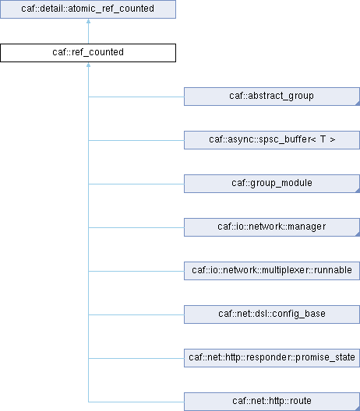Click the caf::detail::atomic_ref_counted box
(x=88, y=9)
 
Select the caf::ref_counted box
(x=88, y=53)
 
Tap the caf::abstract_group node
(x=272, y=97)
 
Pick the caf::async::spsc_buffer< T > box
(x=272, y=140)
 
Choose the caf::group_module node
(x=272, y=184)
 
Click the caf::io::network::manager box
(x=272, y=227)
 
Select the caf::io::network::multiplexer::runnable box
(x=272, y=271)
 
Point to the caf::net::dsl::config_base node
(x=272, y=314)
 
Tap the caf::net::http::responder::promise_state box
(x=272, y=358)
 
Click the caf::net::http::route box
(x=272, y=402)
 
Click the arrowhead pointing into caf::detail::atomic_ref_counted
(x=88, y=21)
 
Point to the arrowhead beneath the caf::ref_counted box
(x=88, y=65)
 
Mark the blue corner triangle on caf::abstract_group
(x=358, y=104)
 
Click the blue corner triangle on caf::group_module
(x=358, y=191)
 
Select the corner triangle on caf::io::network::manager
(x=358, y=234)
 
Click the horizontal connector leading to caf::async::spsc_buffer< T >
(x=136, y=140)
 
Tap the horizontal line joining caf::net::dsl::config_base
(x=136, y=314)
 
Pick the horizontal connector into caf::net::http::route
(x=136, y=402)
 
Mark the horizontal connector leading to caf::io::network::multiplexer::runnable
(x=136, y=271)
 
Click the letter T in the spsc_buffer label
(x=323, y=139)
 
